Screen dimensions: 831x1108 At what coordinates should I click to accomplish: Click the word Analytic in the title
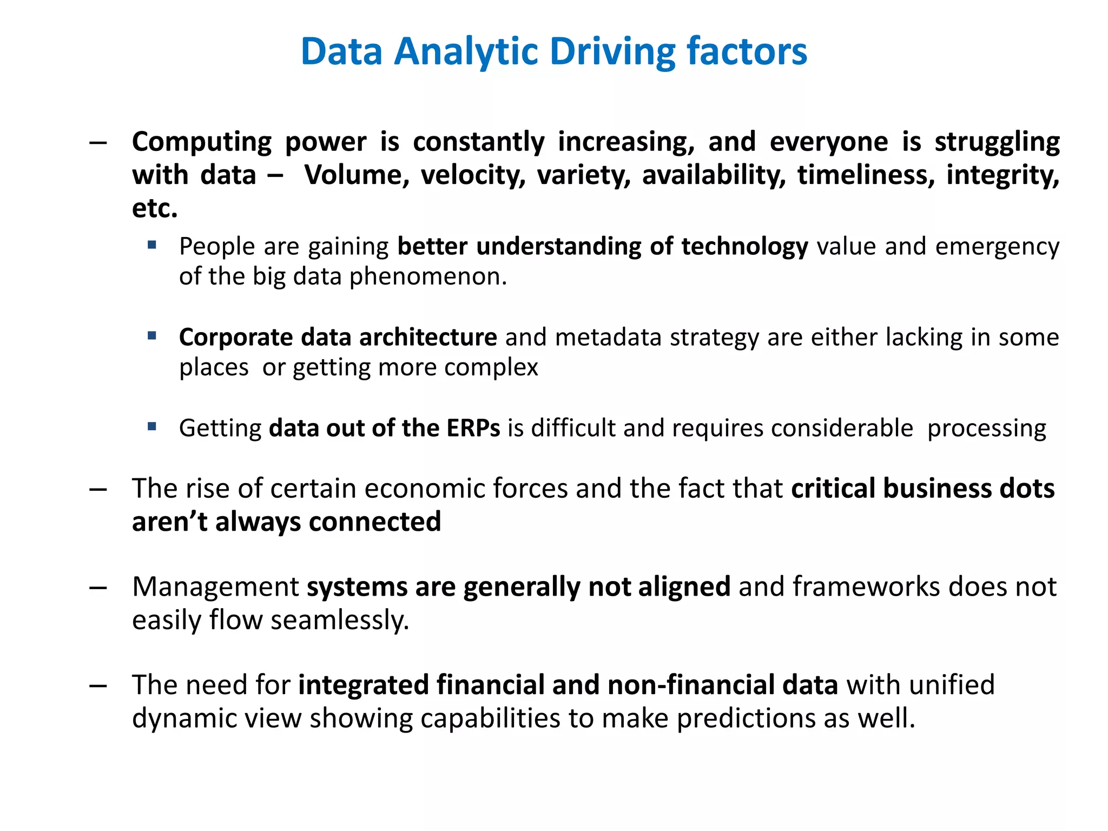click(x=467, y=52)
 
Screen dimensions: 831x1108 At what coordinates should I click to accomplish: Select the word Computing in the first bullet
click(x=202, y=143)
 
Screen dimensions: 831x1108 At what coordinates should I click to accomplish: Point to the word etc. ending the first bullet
click(x=155, y=209)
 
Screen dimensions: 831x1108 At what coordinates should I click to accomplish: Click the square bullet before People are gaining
click(x=152, y=245)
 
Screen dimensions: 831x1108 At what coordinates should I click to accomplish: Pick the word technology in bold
click(x=744, y=247)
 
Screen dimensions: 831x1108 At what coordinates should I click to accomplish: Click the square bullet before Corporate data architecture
click(x=152, y=336)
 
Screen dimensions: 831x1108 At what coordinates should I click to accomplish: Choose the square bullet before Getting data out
click(x=152, y=427)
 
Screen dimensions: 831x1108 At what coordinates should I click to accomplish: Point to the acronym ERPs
click(x=473, y=428)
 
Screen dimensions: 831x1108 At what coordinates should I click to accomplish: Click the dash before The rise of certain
click(x=98, y=490)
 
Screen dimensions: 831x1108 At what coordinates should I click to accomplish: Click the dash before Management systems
click(x=98, y=588)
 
